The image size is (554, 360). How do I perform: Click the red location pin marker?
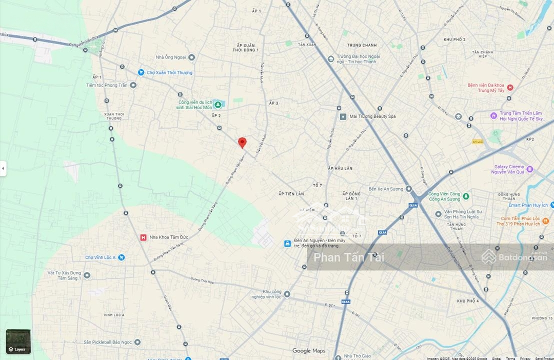pyautogui.click(x=242, y=143)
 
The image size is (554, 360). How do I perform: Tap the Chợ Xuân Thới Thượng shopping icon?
pyautogui.click(x=141, y=72)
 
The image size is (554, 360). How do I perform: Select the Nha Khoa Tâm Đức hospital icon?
pyautogui.click(x=143, y=237)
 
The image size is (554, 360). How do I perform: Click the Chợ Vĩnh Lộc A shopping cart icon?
pyautogui.click(x=121, y=257)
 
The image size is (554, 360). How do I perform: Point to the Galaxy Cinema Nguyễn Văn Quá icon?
pyautogui.click(x=529, y=169)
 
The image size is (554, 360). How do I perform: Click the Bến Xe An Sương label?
pyautogui.click(x=386, y=189)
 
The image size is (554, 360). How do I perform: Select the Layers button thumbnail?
pyautogui.click(x=18, y=342)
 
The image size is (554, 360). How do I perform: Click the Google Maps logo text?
pyautogui.click(x=308, y=351)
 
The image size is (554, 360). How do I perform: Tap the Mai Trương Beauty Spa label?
pyautogui.click(x=372, y=116)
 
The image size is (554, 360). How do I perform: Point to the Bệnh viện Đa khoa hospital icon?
pyautogui.click(x=509, y=88)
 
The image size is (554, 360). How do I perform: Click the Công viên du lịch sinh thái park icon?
pyautogui.click(x=217, y=105)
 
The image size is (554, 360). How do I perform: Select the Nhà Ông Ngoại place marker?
pyautogui.click(x=191, y=57)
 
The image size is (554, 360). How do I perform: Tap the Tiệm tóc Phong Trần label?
pyautogui.click(x=107, y=85)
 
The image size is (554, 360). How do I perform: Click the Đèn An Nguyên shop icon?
pyautogui.click(x=287, y=244)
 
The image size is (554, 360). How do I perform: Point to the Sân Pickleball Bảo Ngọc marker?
pyautogui.click(x=137, y=342)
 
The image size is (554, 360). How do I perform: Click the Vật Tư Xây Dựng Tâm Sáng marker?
pyautogui.click(x=87, y=275)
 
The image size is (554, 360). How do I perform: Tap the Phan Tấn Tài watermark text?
pyautogui.click(x=349, y=257)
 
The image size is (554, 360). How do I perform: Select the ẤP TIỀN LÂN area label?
pyautogui.click(x=291, y=194)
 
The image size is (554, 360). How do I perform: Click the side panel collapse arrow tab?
pyautogui.click(x=3, y=168)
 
